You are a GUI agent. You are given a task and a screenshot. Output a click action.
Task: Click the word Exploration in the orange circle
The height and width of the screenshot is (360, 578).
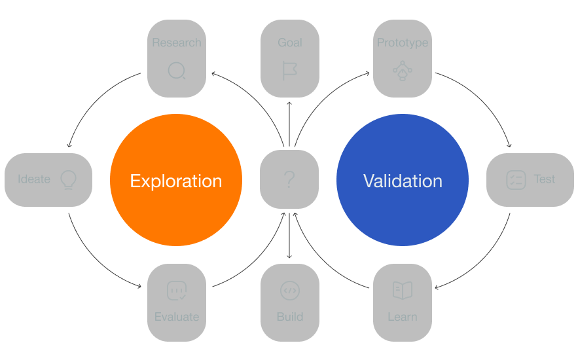(175, 181)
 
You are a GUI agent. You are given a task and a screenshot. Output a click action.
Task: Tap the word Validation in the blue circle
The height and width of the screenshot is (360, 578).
(403, 181)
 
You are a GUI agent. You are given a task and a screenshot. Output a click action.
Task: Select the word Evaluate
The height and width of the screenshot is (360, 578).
(177, 317)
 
